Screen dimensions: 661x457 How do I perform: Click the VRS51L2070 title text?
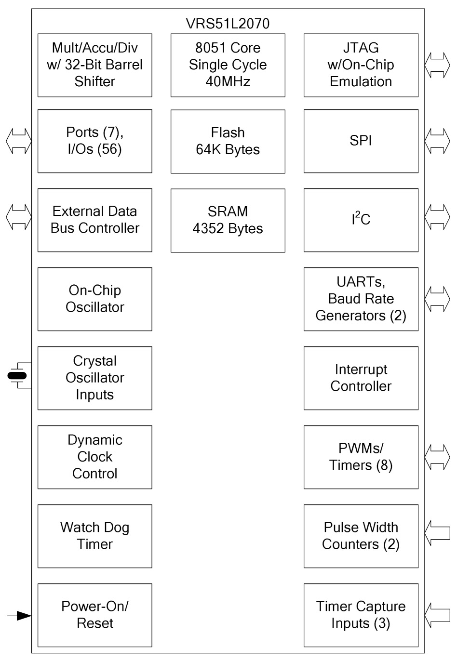[x=228, y=24]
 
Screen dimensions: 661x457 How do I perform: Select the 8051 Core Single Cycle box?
[x=228, y=65]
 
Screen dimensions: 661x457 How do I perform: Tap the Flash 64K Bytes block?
[x=228, y=141]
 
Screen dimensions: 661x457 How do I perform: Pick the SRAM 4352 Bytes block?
[x=228, y=220]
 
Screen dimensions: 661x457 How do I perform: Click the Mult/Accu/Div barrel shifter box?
[x=94, y=65]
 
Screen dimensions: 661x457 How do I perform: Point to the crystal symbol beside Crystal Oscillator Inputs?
[x=18, y=376]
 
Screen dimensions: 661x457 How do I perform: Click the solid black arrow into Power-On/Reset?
[x=20, y=615]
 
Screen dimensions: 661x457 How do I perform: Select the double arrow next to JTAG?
[x=437, y=65]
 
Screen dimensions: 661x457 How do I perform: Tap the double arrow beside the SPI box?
[x=437, y=141]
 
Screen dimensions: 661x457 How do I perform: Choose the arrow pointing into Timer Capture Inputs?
[x=437, y=615]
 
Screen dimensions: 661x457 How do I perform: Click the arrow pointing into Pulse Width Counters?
[x=437, y=536]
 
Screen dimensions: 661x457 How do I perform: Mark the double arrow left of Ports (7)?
[x=18, y=141]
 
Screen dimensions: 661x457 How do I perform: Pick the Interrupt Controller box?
[x=361, y=378]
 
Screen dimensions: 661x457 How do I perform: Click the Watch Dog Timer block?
[x=94, y=536]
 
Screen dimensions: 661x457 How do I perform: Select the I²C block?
[x=361, y=220]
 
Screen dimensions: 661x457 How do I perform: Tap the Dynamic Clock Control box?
[x=94, y=457]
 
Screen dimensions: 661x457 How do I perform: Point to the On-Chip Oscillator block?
[x=94, y=299]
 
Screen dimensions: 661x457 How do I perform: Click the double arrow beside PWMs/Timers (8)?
[x=437, y=457]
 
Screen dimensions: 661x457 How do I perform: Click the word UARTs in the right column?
[x=361, y=282]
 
